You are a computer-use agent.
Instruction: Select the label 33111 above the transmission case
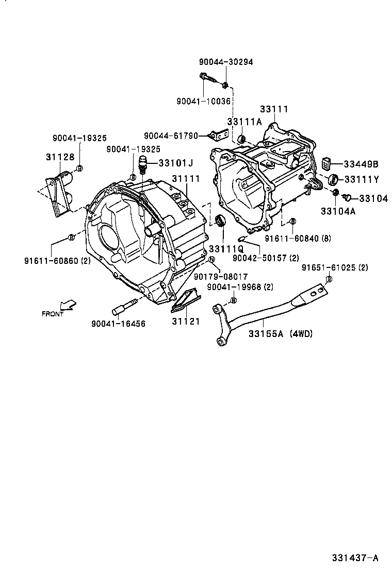[x=274, y=109]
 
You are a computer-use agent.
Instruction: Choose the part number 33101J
[x=175, y=163]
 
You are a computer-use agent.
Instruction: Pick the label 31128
[x=60, y=157]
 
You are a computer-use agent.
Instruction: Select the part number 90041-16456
[x=118, y=324]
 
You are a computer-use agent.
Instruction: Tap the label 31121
[x=186, y=321]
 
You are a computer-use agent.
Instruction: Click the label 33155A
[x=266, y=334]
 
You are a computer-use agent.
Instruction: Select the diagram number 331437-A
[x=355, y=558]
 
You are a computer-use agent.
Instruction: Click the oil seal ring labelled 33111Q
[x=220, y=221]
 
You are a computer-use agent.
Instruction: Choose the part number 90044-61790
[x=171, y=136]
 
